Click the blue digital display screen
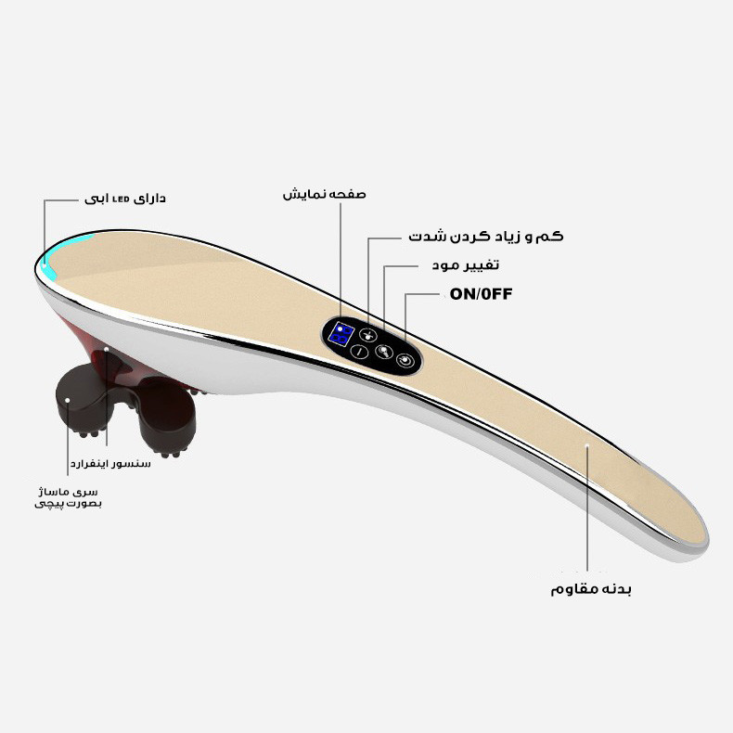click(341, 334)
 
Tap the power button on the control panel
click(405, 360)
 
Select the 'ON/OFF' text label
click(481, 294)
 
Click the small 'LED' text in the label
click(121, 199)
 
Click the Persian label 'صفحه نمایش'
click(324, 194)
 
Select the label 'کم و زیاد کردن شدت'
click(486, 236)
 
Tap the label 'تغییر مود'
click(465, 265)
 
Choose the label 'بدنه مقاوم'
click(591, 588)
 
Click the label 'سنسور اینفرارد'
click(110, 463)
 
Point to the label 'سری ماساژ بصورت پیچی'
click(69, 497)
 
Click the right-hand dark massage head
click(166, 417)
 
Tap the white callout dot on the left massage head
click(68, 400)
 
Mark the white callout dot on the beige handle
click(587, 445)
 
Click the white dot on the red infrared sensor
click(107, 349)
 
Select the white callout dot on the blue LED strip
click(45, 264)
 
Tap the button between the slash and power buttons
click(383, 351)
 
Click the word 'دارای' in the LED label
click(149, 199)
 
